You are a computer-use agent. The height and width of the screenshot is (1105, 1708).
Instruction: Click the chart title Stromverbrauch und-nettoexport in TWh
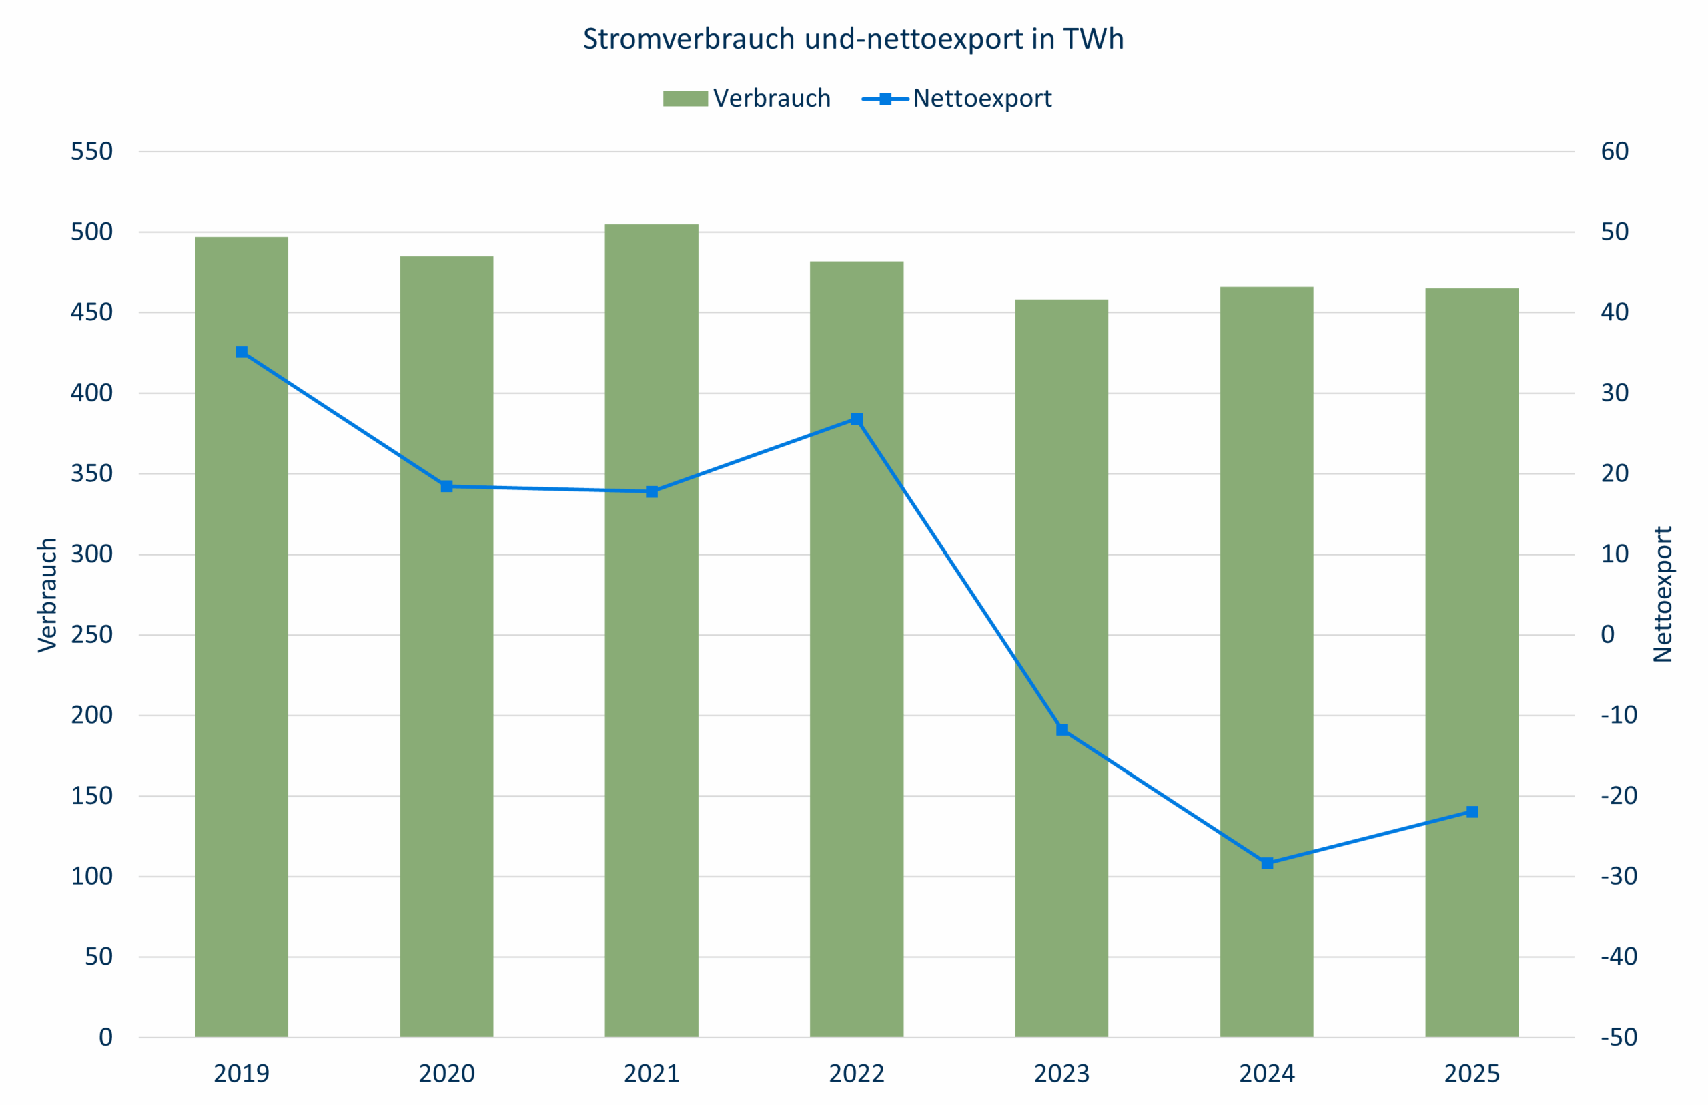(853, 39)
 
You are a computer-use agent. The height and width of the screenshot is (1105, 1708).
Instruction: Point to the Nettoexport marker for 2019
(242, 353)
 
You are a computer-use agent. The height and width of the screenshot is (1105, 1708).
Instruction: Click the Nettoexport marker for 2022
(857, 419)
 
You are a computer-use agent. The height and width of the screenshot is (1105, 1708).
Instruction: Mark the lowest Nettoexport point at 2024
(1267, 863)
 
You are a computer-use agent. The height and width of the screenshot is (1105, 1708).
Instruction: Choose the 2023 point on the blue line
(1062, 730)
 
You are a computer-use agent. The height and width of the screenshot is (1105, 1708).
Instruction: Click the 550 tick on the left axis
(92, 152)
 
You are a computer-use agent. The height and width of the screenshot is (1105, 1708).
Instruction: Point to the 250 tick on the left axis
(92, 635)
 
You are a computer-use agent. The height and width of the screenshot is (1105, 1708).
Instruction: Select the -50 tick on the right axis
(1619, 1038)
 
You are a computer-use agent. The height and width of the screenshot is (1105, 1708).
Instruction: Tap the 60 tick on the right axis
(1614, 152)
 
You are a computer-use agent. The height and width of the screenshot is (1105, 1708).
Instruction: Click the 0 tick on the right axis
(1608, 635)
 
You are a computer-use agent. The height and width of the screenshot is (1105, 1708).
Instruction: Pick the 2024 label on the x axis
(1267, 1074)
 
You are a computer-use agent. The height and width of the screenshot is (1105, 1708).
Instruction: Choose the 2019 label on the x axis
(242, 1074)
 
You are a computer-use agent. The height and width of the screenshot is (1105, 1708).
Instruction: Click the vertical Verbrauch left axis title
(47, 596)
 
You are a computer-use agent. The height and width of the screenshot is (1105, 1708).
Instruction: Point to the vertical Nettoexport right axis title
(1663, 594)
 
